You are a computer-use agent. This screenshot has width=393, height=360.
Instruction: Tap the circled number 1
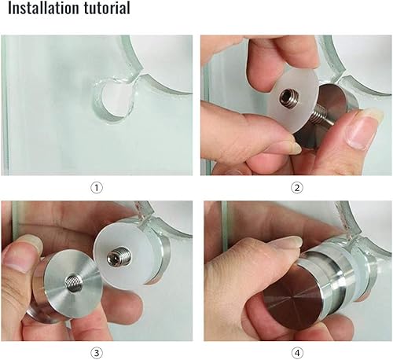pyautogui.click(x=97, y=188)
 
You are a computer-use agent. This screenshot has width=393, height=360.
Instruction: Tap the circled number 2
pyautogui.click(x=296, y=188)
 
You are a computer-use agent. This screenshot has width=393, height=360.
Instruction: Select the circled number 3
pyautogui.click(x=97, y=353)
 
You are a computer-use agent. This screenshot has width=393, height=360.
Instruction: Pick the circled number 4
pyautogui.click(x=297, y=353)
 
